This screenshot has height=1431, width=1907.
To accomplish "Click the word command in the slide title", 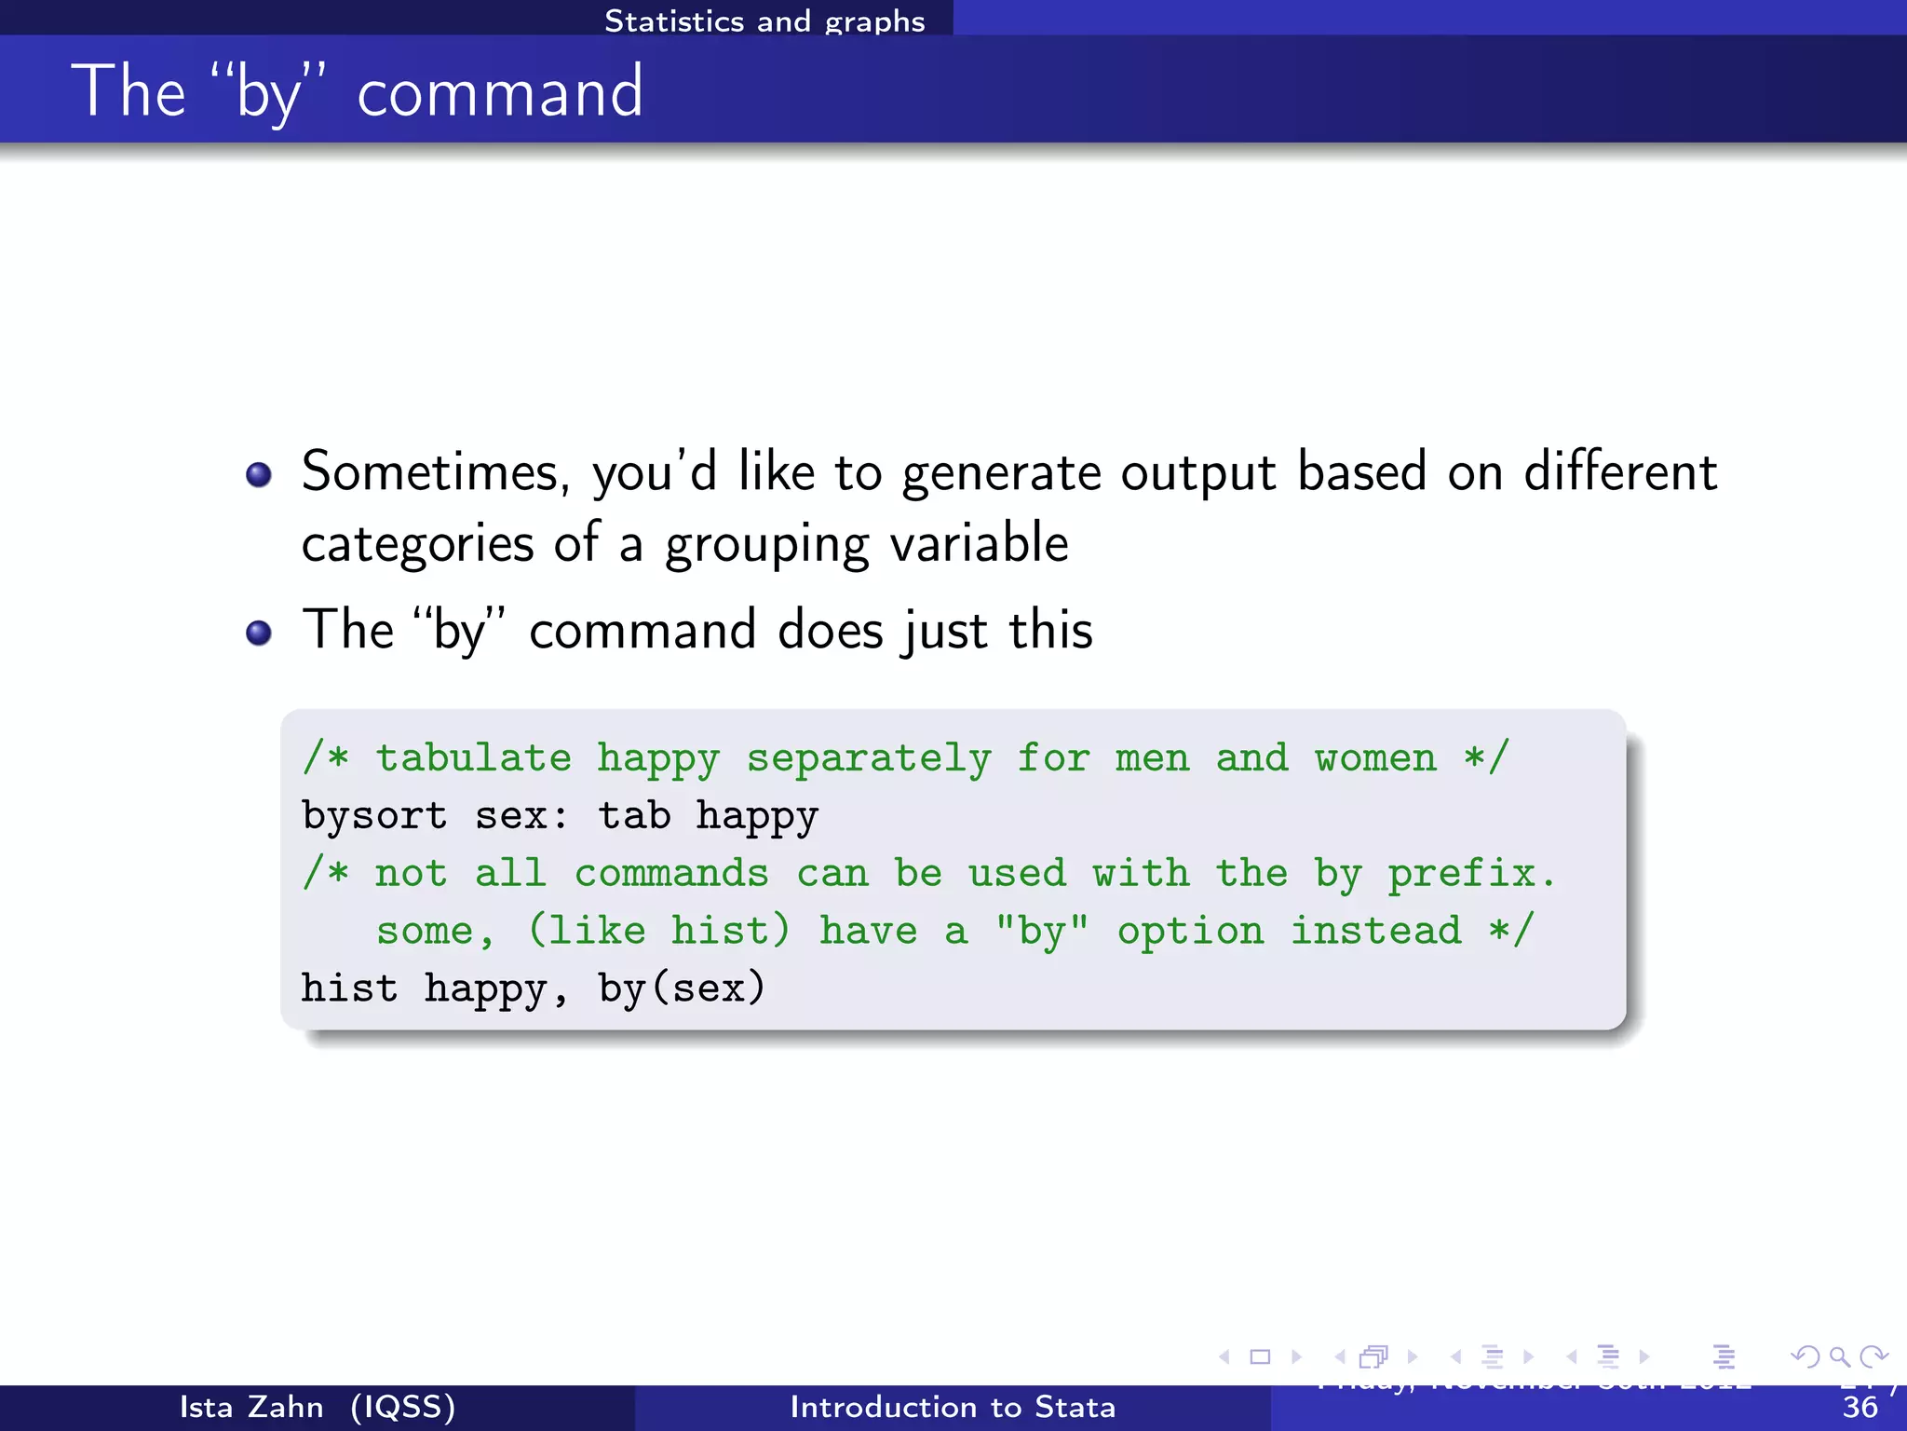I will pos(499,93).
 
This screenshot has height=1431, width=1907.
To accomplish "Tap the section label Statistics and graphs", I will pos(764,20).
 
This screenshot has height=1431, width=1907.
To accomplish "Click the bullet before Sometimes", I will pos(258,475).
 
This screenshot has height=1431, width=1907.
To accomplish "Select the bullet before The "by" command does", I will pos(258,634).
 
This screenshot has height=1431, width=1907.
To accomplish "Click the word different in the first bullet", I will pos(1619,471).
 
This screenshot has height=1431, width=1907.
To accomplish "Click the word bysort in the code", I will pos(374,816).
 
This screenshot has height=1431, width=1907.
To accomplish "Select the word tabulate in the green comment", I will pos(473,757).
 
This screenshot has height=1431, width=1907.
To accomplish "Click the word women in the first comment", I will pos(1375,757).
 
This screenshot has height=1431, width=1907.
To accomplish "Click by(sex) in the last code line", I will pos(682,988).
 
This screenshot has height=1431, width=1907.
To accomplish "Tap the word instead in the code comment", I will pos(1375,931).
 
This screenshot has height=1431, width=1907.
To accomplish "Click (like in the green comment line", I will pos(587,931).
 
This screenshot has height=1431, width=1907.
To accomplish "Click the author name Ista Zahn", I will pos(250,1407).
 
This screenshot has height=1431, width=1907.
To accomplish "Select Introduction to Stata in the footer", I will pos(952,1407).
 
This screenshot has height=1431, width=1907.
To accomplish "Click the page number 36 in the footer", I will pos(1860,1408).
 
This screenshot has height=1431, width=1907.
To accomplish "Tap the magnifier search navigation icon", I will pos(1839,1356).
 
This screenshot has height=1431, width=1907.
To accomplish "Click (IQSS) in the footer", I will pos(403,1407).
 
